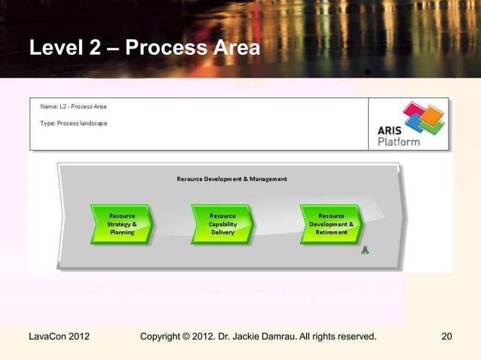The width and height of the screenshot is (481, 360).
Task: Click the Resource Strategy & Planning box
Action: (122, 224)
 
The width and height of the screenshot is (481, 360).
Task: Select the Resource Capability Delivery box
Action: (222, 224)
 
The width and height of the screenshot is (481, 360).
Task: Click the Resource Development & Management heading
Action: (231, 179)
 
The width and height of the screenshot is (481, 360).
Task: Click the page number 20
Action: (446, 336)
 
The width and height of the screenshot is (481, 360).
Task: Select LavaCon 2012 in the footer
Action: (59, 336)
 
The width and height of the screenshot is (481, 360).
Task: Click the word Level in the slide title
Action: (51, 49)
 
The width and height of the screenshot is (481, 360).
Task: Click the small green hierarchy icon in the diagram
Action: (365, 250)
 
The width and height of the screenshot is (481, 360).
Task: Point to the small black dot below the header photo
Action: (366, 72)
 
